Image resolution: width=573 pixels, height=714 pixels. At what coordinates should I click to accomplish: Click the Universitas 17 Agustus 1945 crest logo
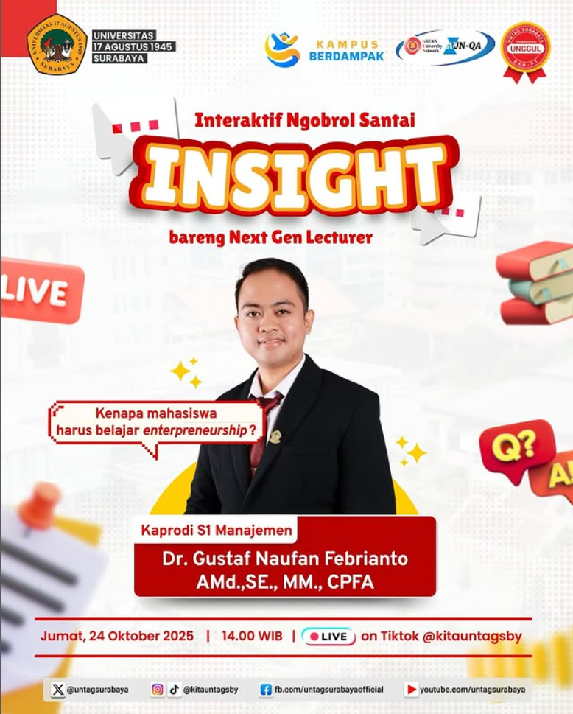click(x=56, y=45)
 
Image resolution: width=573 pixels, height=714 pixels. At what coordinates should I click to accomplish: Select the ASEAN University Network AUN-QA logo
click(x=445, y=47)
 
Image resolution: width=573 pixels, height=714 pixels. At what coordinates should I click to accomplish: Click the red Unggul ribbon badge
click(x=525, y=50)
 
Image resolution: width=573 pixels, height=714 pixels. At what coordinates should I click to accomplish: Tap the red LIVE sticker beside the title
click(x=41, y=290)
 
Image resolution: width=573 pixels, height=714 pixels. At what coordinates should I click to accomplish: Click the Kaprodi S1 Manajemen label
click(x=214, y=529)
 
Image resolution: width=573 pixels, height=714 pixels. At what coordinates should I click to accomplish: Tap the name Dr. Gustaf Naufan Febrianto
click(x=284, y=559)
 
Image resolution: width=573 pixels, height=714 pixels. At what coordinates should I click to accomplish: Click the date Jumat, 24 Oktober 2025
click(x=117, y=636)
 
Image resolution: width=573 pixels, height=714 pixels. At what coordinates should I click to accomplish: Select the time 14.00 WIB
click(x=251, y=636)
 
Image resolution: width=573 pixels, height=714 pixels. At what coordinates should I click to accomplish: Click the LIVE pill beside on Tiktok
click(x=328, y=636)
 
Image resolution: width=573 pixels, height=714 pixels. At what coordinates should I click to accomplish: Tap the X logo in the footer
click(x=58, y=690)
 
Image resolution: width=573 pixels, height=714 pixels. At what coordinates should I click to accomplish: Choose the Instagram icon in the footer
click(x=158, y=690)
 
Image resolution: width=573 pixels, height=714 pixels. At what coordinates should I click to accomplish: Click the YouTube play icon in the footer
click(x=411, y=690)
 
